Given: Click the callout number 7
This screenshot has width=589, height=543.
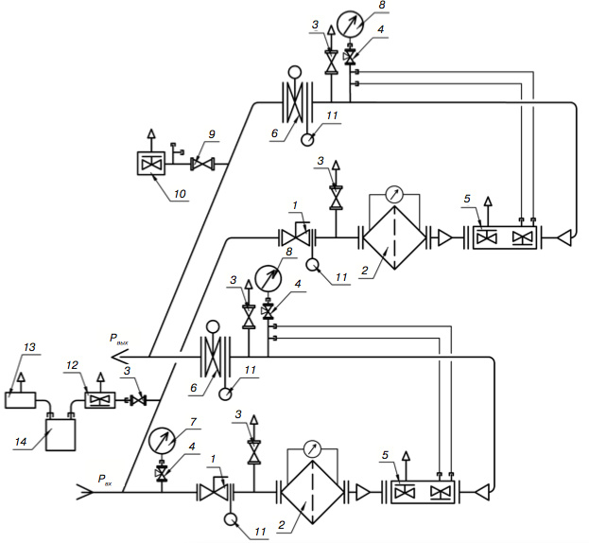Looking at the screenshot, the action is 193,422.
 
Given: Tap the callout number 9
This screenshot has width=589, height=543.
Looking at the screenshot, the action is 212,134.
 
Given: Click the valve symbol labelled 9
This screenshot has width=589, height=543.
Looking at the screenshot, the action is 203,165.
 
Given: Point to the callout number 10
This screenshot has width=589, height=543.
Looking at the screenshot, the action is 180,194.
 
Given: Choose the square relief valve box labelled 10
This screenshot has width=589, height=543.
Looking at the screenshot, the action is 151,163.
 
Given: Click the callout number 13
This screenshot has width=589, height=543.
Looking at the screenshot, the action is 29,347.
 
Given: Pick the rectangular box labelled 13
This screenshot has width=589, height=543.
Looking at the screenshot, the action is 20,400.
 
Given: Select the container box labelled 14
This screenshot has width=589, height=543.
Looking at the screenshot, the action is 61,435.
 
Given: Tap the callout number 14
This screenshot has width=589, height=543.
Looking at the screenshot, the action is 20,442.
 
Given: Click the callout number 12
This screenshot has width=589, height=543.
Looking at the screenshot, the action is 72,365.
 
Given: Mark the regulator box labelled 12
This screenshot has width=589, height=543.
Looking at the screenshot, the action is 100,400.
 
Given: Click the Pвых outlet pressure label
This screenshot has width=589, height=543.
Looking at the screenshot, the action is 119,339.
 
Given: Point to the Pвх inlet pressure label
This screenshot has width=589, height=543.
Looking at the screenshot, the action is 105,480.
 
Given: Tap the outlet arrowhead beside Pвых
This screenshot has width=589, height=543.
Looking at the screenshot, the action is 120,357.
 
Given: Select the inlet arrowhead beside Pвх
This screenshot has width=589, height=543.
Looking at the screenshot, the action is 84,492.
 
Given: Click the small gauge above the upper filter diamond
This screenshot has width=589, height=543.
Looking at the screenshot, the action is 394,194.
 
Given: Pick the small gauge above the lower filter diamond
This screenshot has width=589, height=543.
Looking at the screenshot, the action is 312,448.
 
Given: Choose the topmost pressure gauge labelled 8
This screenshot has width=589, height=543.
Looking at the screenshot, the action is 350,24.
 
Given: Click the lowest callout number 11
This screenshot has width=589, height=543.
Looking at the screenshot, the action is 260,532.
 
